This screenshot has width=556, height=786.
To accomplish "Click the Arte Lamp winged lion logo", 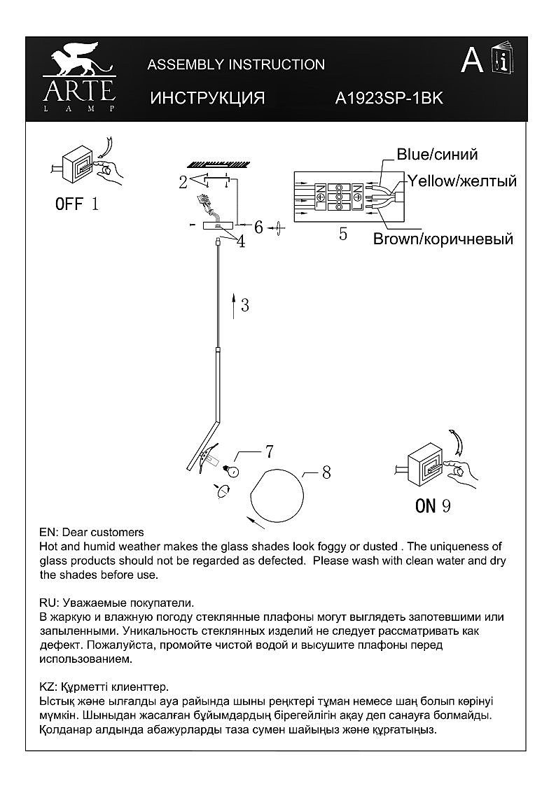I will (78, 62).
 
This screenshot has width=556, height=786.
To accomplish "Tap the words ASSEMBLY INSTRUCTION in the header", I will (236, 65).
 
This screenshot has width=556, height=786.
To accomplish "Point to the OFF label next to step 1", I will (69, 204).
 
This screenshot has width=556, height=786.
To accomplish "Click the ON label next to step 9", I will (426, 505).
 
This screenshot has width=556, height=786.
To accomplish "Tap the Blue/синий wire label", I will (437, 155).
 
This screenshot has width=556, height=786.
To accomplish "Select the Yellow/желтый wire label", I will (462, 181).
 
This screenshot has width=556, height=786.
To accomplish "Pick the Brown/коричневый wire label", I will (443, 239).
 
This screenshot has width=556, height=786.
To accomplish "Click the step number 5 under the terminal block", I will (343, 234).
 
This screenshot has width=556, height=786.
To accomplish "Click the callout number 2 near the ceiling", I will (183, 183).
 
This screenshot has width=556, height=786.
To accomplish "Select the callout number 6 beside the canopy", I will (258, 227).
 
